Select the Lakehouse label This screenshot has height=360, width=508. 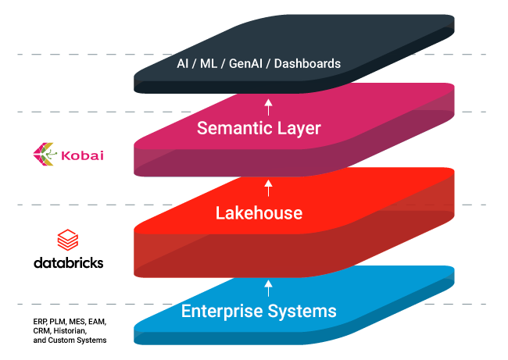259,212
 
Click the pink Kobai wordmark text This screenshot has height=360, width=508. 82,155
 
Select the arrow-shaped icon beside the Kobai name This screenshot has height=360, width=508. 44,155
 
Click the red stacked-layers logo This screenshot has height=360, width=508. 67,240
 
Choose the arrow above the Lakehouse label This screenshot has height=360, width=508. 268,187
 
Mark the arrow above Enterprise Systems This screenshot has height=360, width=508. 268,287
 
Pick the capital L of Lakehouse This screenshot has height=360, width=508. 220,212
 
